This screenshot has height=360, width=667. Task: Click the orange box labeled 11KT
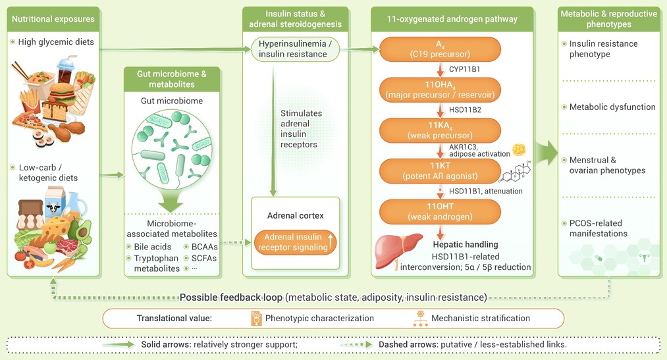[440, 171]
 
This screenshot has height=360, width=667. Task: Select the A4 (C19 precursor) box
[440, 49]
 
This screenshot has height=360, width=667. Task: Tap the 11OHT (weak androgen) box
[440, 212]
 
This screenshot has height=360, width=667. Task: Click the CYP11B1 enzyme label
[464, 69]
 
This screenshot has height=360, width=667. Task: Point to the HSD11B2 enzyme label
[465, 110]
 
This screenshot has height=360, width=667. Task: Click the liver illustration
[398, 250]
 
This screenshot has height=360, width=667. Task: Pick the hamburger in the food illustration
[62, 93]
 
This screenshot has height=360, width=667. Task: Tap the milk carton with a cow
[55, 203]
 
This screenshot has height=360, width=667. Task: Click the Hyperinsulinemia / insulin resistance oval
[295, 49]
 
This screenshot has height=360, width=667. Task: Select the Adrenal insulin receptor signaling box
[295, 242]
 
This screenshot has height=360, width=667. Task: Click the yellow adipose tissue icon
[519, 149]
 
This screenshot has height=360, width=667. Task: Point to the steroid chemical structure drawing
[516, 172]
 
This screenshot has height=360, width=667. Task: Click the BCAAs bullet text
[201, 247]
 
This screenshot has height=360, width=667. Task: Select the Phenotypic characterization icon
[256, 319]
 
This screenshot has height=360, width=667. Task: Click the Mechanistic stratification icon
[421, 319]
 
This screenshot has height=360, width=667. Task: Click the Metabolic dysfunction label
[612, 107]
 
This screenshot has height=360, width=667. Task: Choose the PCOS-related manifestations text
[598, 228]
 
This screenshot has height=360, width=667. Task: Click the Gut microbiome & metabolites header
[172, 79]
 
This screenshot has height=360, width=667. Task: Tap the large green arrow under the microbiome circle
[171, 200]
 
